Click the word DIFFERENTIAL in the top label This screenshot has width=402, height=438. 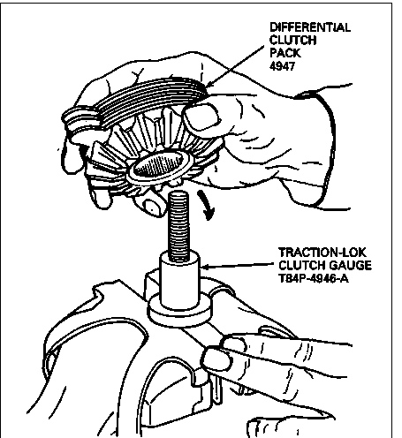pyautogui.click(x=310, y=27)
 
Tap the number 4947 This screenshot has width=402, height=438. pyautogui.click(x=282, y=66)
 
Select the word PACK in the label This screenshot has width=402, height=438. pyautogui.click(x=285, y=53)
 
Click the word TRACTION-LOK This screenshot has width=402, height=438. pyautogui.click(x=322, y=253)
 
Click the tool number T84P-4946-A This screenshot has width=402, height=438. pyautogui.click(x=314, y=278)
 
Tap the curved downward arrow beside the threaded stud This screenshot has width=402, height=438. pyautogui.click(x=206, y=205)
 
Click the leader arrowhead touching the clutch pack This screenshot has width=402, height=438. pyautogui.click(x=209, y=85)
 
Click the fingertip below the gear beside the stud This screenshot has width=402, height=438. pyautogui.click(x=151, y=207)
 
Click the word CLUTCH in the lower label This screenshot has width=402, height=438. pyautogui.click(x=301, y=266)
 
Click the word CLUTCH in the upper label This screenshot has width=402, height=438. pyautogui.click(x=293, y=41)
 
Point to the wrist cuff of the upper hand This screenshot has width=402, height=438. pyautogui.click(x=324, y=147)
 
